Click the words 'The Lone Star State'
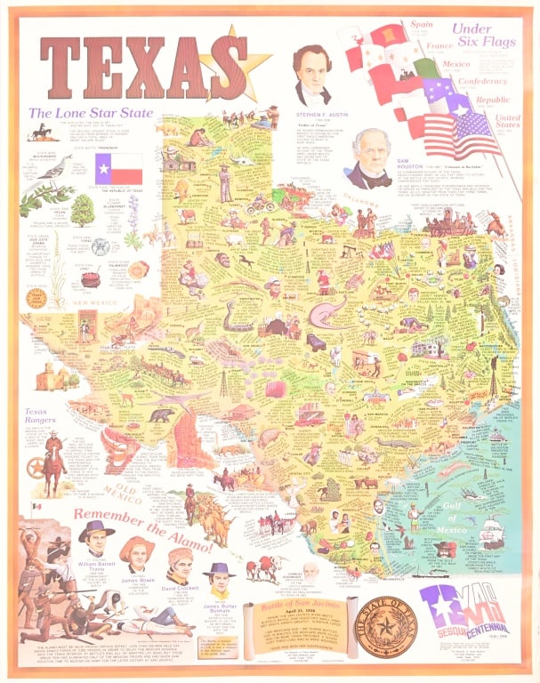[x=90, y=113]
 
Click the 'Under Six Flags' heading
[x=484, y=36]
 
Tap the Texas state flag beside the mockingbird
[x=119, y=168]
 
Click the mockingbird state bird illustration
[x=56, y=165]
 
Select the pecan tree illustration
[x=83, y=210]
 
